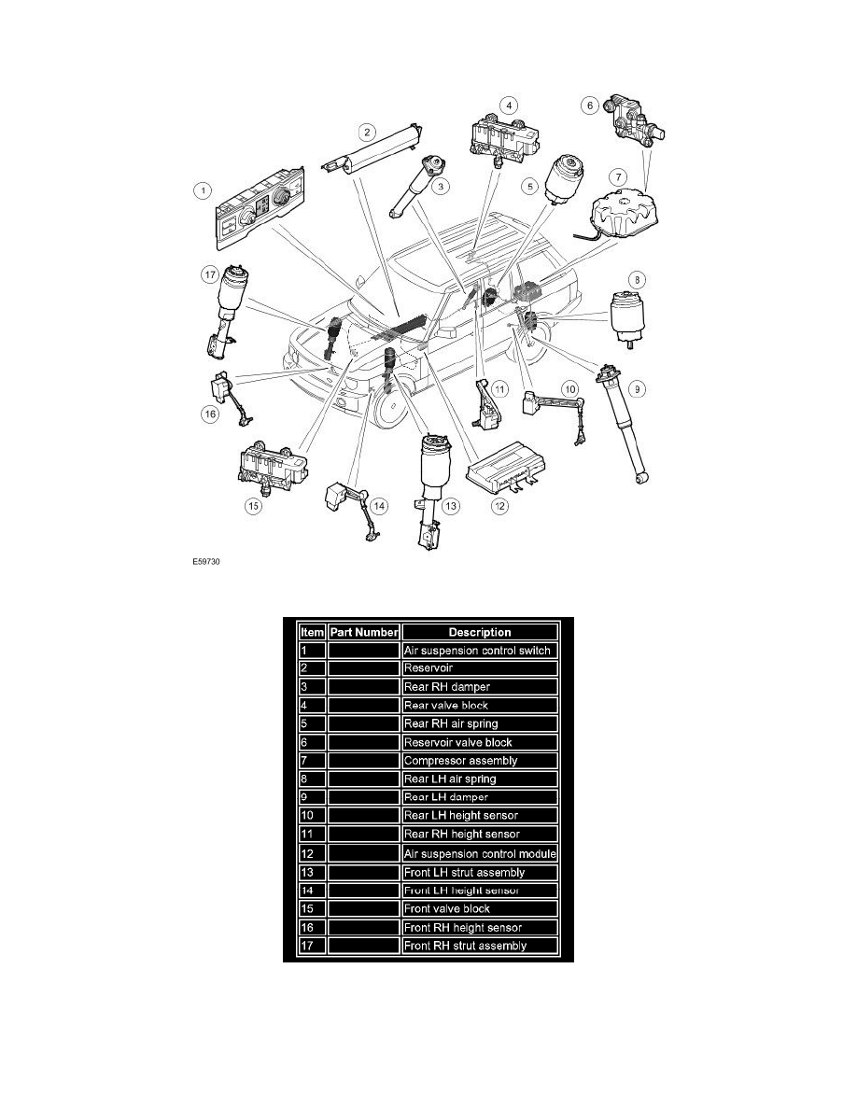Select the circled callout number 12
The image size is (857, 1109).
click(x=501, y=507)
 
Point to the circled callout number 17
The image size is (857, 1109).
click(x=209, y=274)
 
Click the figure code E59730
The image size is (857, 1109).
click(x=205, y=563)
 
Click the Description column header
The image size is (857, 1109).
click(x=480, y=632)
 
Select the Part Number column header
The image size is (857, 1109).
click(x=363, y=632)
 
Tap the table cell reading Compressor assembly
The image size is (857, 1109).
click(x=480, y=761)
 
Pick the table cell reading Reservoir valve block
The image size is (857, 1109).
click(x=480, y=742)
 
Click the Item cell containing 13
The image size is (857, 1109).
click(x=311, y=872)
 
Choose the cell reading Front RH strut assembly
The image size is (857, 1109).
click(x=480, y=946)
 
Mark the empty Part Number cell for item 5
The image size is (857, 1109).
click(x=363, y=723)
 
